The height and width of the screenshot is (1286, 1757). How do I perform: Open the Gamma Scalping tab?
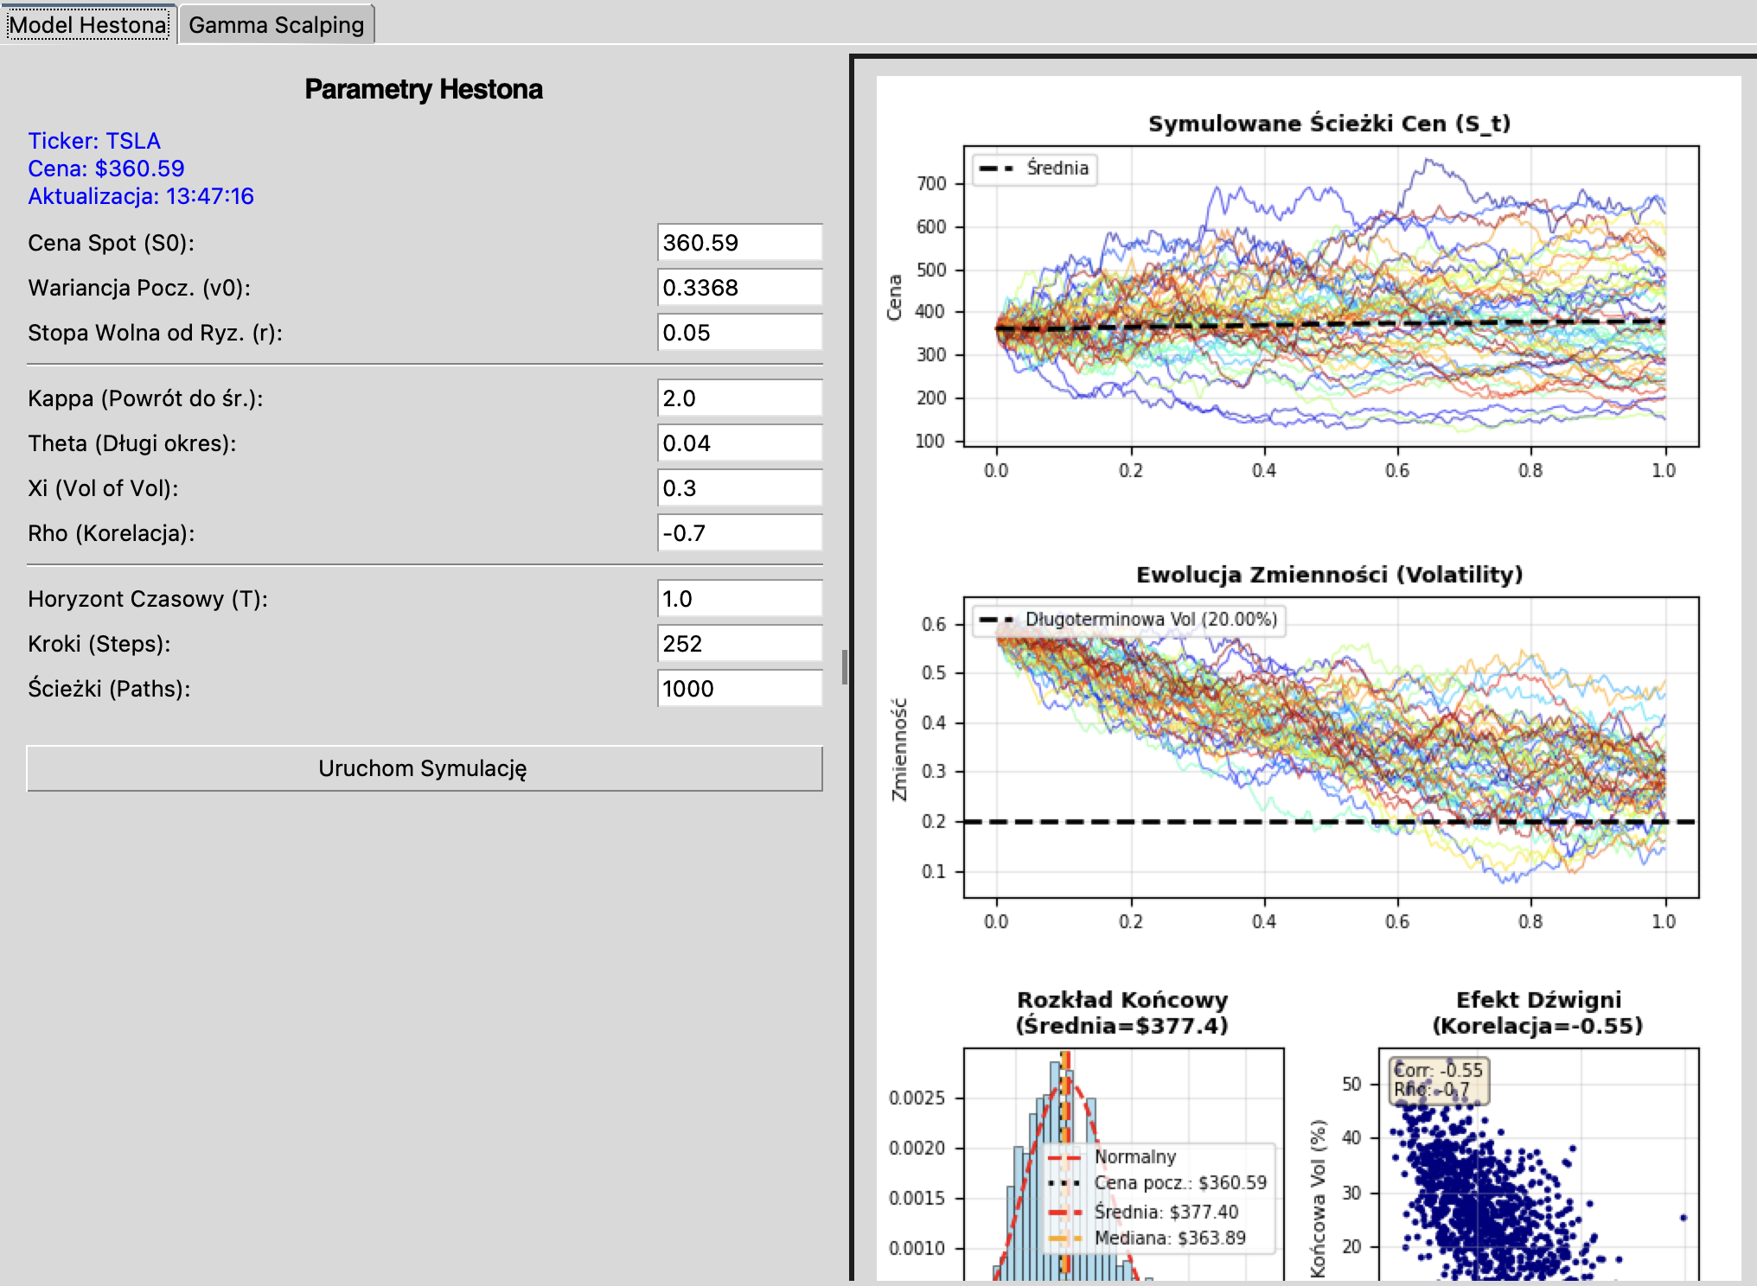(x=276, y=25)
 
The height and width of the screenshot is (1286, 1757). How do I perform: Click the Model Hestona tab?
(x=88, y=24)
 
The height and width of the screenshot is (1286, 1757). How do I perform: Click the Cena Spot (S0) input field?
(x=739, y=243)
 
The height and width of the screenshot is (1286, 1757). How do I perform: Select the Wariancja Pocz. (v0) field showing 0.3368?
(x=739, y=288)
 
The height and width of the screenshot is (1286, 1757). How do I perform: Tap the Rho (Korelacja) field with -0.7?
(x=739, y=533)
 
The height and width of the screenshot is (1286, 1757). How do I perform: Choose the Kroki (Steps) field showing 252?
(x=739, y=644)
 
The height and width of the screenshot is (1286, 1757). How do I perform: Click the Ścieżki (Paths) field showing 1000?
(x=739, y=689)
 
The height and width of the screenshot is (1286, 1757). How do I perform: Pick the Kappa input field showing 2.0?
(x=739, y=398)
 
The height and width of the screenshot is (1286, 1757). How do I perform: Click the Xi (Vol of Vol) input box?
(x=739, y=488)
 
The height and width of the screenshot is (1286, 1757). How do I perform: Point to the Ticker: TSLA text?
(x=94, y=141)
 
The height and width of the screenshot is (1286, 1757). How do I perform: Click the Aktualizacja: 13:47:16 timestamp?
(x=141, y=196)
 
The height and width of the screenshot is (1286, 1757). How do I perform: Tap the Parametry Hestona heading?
(x=424, y=89)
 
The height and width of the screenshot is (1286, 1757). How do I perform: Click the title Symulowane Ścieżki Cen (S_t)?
(x=1330, y=124)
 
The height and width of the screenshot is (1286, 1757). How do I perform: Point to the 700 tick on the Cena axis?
(x=931, y=183)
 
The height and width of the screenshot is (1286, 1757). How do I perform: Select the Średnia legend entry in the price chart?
(x=1035, y=168)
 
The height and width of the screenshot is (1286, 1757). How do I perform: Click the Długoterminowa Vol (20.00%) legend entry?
(x=1129, y=619)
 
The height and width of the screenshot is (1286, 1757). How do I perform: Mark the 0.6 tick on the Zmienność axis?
(x=934, y=624)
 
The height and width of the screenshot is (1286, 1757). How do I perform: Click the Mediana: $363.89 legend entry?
(x=1148, y=1238)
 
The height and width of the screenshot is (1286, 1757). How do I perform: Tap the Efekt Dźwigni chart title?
(x=1538, y=1013)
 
